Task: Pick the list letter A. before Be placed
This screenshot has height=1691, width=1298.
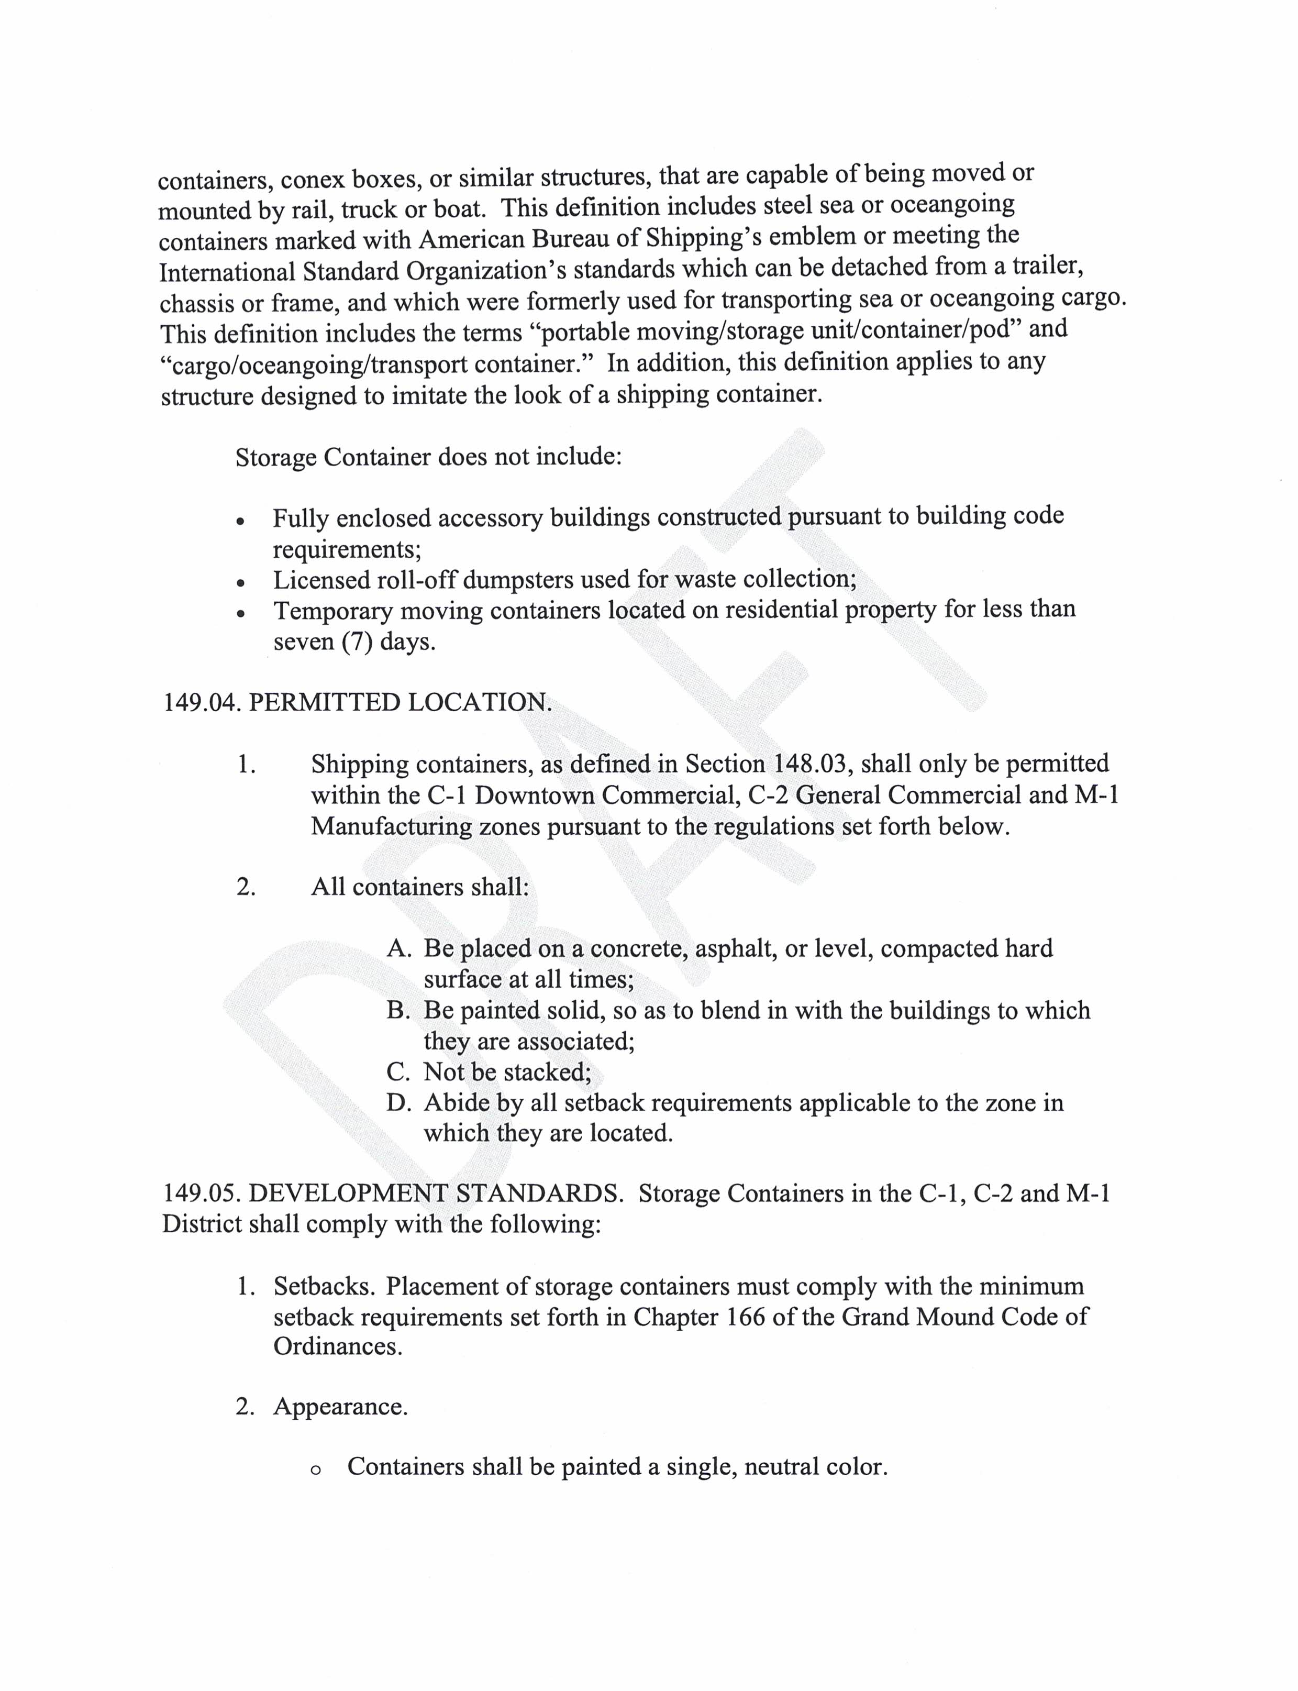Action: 398,949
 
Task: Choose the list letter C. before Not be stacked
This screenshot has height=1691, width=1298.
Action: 398,1072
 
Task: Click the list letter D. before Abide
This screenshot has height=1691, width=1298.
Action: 398,1103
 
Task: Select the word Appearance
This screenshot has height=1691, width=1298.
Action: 339,1407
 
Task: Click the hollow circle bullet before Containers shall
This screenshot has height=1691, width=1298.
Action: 315,1469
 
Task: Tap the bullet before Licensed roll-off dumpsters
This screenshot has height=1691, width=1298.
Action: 242,582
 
